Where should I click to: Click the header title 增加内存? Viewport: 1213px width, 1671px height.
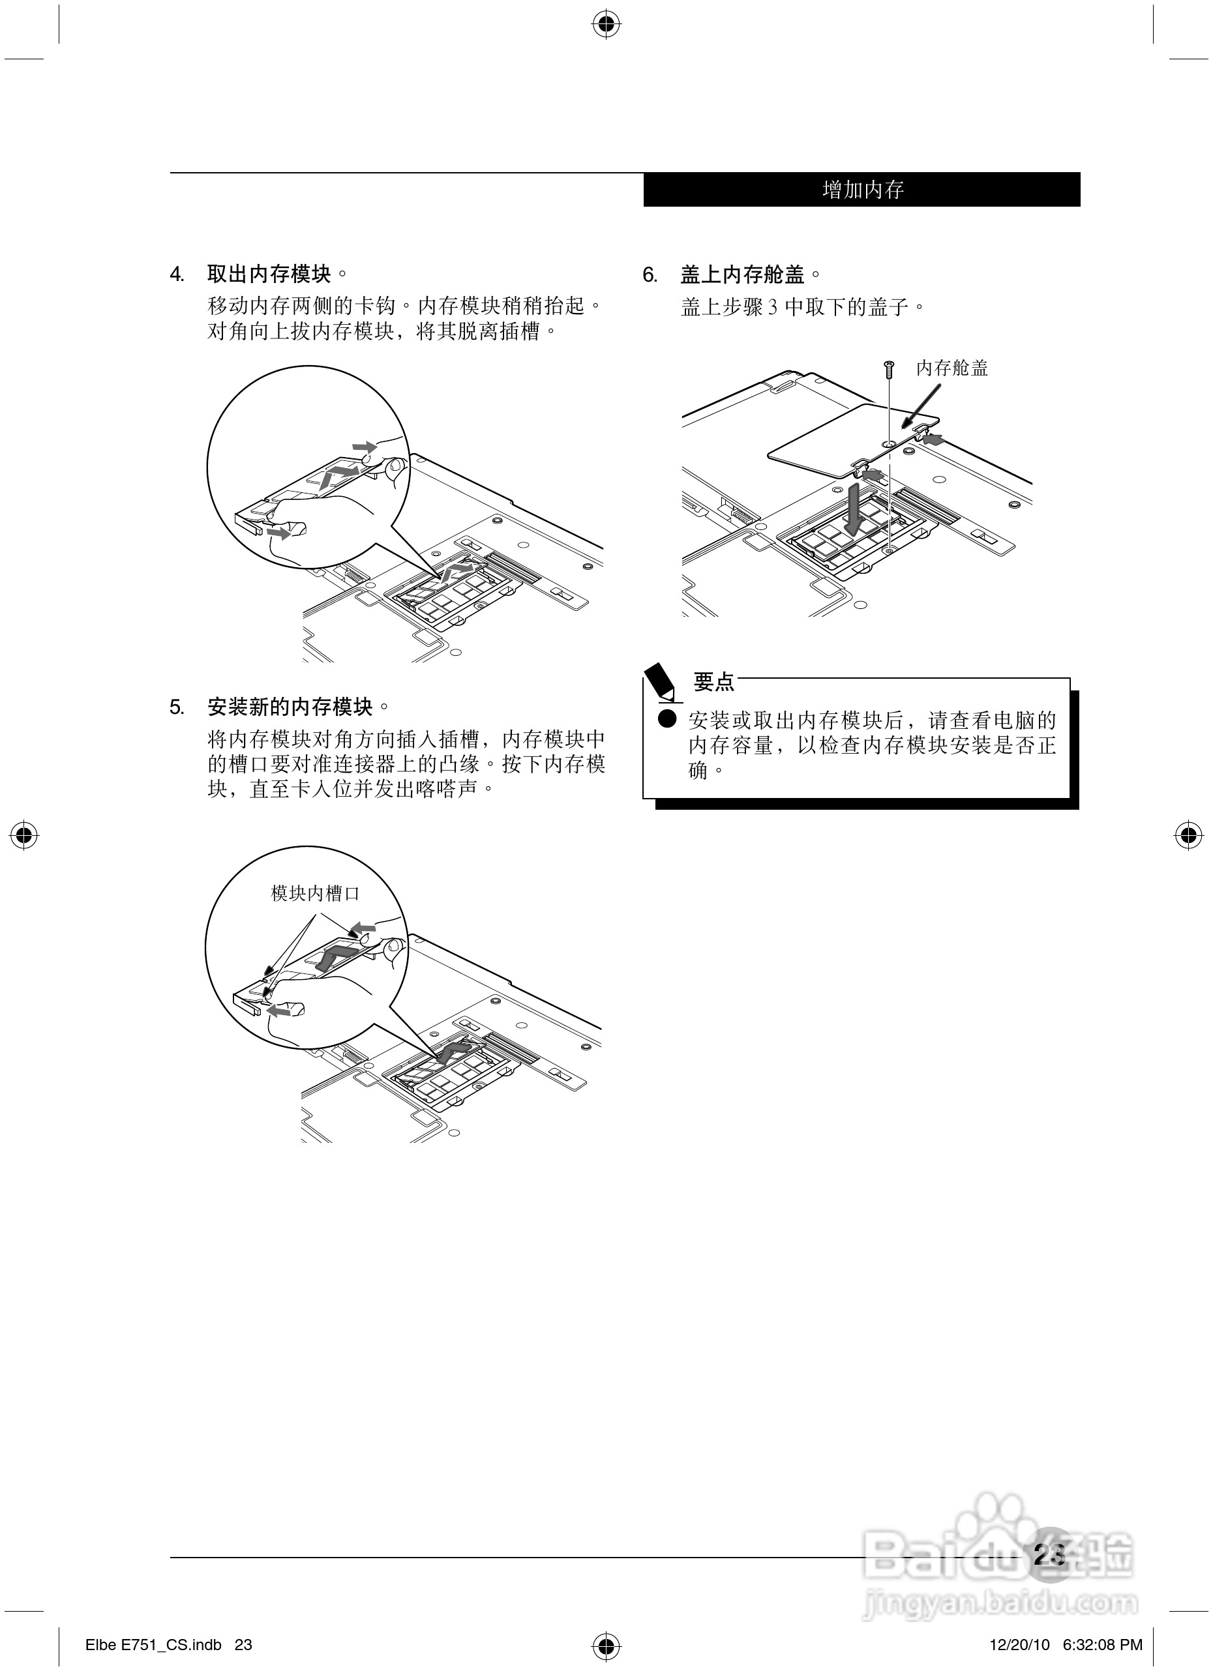point(863,190)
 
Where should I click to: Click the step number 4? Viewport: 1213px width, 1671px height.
point(177,275)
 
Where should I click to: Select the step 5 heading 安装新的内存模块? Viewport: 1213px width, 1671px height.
point(290,707)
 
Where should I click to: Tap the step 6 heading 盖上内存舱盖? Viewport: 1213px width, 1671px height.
point(743,275)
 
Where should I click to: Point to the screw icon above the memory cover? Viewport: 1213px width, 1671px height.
point(890,369)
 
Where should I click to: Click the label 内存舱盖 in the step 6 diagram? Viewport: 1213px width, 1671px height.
point(952,368)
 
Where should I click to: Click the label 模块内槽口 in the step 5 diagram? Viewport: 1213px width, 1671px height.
point(316,894)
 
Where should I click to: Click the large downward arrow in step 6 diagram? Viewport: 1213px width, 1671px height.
point(855,509)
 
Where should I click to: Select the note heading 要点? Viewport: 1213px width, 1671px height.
point(714,682)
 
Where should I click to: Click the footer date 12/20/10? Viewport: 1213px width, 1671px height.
point(1019,1644)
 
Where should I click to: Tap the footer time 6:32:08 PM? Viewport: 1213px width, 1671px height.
point(1103,1644)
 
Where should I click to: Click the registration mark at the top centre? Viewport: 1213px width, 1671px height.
point(606,24)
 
